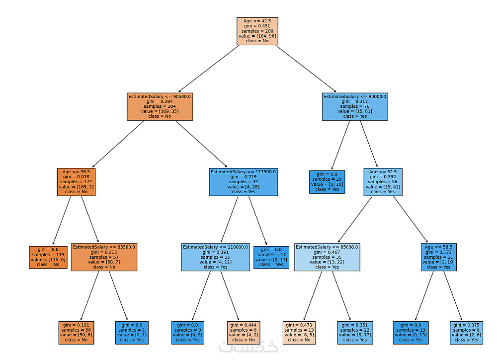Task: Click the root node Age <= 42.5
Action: point(257,31)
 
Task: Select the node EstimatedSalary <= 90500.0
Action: point(160,106)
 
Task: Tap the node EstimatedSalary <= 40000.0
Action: point(355,106)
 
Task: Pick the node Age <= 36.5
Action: point(77,182)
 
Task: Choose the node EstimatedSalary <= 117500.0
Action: point(244,182)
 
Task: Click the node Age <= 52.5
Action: point(383,182)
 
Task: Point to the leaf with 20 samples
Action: point(327,182)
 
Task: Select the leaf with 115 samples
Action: point(48,257)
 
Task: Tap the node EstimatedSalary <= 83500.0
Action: point(104,257)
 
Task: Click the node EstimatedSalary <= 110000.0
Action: point(215,257)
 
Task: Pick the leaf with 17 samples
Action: point(271,257)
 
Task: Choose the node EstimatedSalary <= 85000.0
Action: point(327,257)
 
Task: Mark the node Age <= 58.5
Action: point(438,257)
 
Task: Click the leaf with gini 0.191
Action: point(76,332)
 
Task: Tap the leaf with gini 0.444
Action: point(244,332)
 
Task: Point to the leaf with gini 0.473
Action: point(299,332)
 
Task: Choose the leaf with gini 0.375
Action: point(466,332)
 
